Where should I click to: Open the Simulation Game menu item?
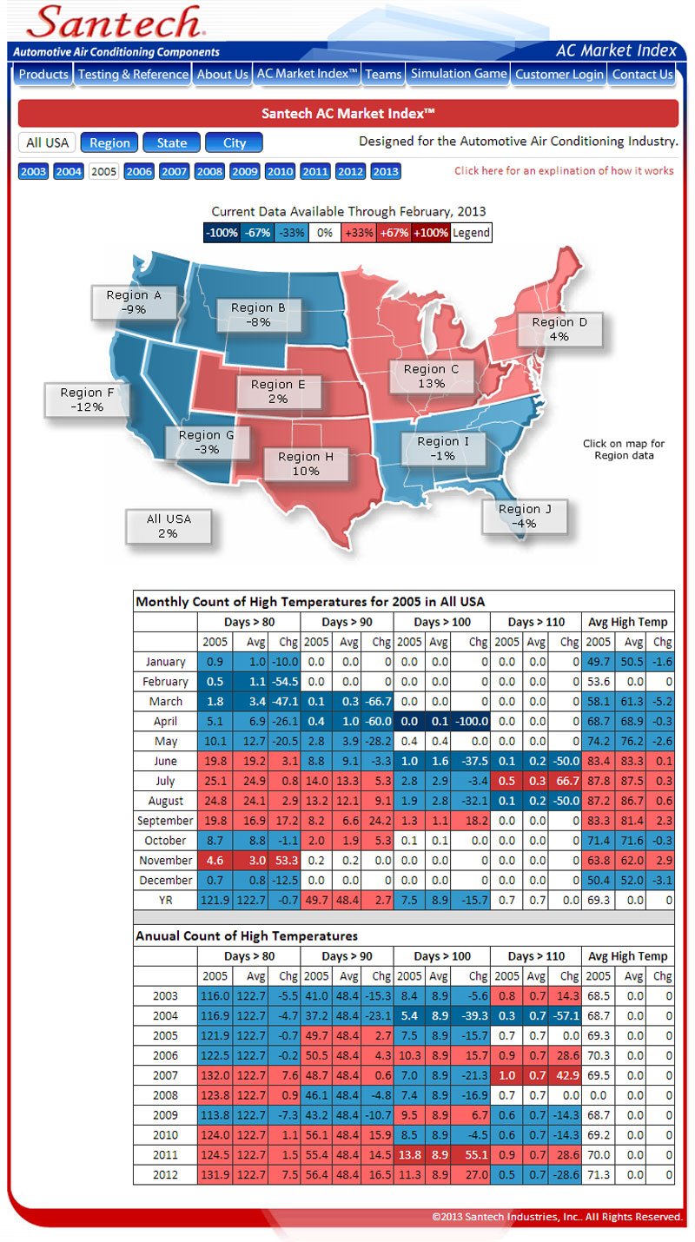tap(459, 75)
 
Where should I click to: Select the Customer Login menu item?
tap(559, 75)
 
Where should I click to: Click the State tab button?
tap(172, 143)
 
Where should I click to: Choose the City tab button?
tap(235, 143)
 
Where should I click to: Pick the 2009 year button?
tap(245, 172)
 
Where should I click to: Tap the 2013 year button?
tap(386, 172)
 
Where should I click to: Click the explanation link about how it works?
tap(564, 171)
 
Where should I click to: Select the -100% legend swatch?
tap(222, 233)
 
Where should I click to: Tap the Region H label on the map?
tap(300, 464)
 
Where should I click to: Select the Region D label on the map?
tap(559, 329)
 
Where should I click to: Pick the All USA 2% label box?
tap(169, 526)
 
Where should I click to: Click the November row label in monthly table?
tap(165, 861)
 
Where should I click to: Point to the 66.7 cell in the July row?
tap(565, 781)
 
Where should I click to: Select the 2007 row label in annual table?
tap(165, 1075)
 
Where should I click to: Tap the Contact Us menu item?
tap(642, 75)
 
